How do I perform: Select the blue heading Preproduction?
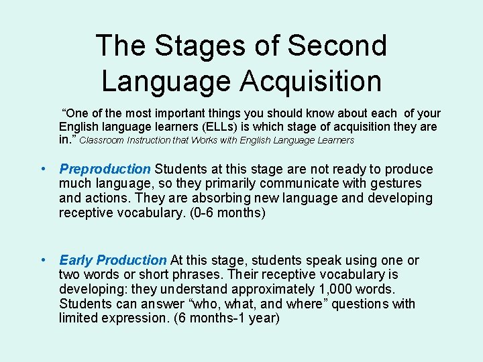point(105,169)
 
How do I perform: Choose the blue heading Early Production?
point(113,260)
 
